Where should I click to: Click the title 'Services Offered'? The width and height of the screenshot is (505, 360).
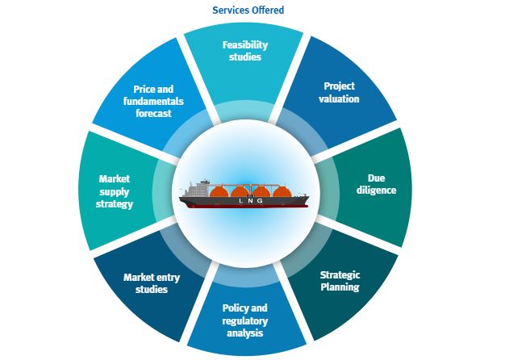pos(248,10)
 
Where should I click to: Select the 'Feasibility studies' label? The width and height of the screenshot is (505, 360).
pos(245,52)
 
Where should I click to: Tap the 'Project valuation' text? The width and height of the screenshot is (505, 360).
pos(340,92)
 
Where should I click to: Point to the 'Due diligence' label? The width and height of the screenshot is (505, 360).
pos(375,184)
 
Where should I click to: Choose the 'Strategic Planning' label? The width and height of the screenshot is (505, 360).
pos(340,279)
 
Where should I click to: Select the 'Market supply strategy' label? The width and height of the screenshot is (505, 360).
pos(115,190)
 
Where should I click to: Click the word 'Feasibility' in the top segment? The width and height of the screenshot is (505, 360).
pos(245,45)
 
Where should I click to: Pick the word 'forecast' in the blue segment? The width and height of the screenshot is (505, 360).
pos(153,114)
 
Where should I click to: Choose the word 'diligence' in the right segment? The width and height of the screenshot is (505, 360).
pos(375,190)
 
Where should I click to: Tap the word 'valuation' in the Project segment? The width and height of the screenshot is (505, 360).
pos(340,98)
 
